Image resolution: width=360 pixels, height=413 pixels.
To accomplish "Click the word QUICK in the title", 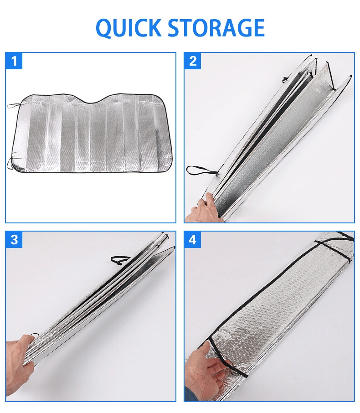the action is [x=129, y=27].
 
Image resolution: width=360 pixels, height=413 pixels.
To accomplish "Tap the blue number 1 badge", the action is [x=14, y=61].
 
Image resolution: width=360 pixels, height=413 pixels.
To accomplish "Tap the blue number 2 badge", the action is [x=193, y=61].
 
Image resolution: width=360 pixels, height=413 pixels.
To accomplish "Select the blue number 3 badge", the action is [x=14, y=240].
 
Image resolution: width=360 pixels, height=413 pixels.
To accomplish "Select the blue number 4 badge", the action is [x=193, y=240].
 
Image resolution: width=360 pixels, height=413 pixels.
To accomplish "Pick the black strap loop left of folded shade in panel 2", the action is [x=200, y=170].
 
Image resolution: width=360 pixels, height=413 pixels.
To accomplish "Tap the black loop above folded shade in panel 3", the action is [x=120, y=259].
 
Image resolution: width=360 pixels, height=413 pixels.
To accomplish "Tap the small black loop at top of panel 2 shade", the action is [x=285, y=79].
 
